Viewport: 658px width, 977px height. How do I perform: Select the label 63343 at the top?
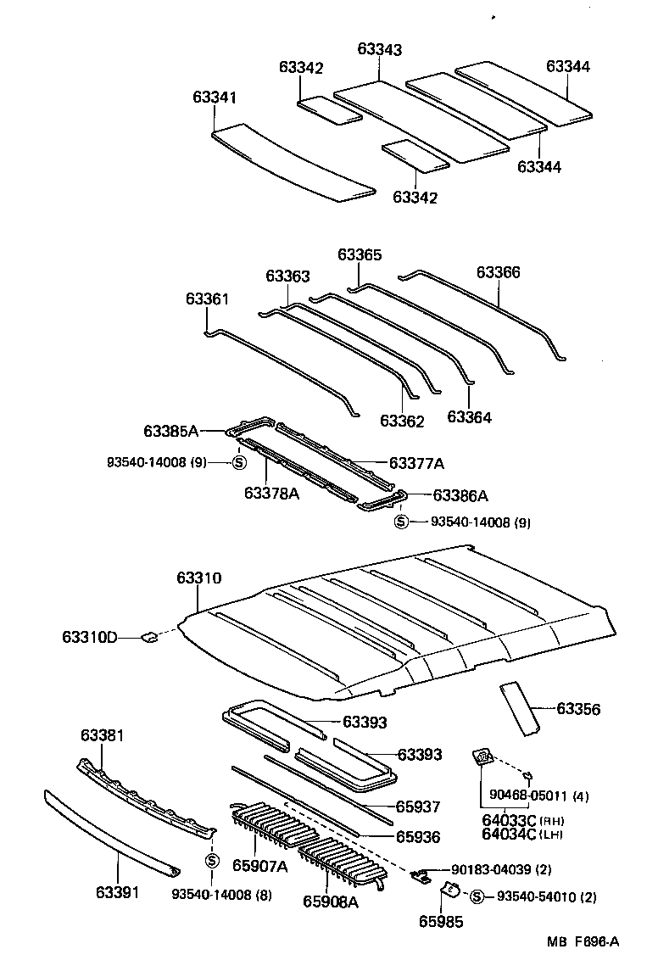[x=379, y=50]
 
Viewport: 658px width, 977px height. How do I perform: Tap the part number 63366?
[x=498, y=272]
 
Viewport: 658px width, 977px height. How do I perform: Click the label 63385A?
[x=170, y=432]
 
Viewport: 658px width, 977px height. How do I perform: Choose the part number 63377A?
[x=416, y=463]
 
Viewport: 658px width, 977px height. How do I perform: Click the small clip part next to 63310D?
[x=148, y=637]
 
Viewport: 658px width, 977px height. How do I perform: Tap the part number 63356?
[x=578, y=709]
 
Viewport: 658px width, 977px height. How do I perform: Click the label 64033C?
[x=510, y=820]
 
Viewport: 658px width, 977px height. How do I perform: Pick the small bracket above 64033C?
[x=482, y=757]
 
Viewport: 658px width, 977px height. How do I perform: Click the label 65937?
[x=419, y=807]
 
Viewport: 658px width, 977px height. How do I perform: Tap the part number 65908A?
[x=330, y=902]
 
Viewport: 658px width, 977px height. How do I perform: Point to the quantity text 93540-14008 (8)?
[x=221, y=894]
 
